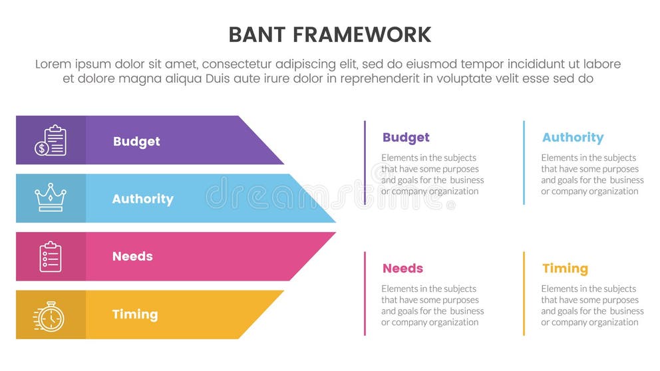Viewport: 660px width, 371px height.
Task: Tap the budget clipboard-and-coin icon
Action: [51, 140]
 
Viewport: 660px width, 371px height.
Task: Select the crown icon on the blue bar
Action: [51, 197]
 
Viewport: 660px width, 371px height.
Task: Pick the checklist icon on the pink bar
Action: [51, 256]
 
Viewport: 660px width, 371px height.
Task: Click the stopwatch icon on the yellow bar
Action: [49, 315]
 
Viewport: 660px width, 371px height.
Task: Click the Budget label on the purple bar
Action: [136, 141]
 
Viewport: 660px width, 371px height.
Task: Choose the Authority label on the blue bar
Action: [142, 199]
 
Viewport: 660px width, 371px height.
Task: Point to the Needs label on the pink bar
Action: [132, 256]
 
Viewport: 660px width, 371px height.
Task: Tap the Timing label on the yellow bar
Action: [134, 314]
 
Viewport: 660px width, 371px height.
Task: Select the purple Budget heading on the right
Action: [406, 138]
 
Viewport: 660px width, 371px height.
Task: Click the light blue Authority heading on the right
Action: [572, 138]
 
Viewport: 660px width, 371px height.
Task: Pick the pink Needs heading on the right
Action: [403, 269]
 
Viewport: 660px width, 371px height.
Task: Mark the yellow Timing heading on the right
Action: [565, 269]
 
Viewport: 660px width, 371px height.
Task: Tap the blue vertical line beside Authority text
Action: [524, 162]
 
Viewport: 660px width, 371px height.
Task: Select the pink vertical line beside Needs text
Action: [365, 293]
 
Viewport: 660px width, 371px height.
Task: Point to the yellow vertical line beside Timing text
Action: [524, 293]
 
